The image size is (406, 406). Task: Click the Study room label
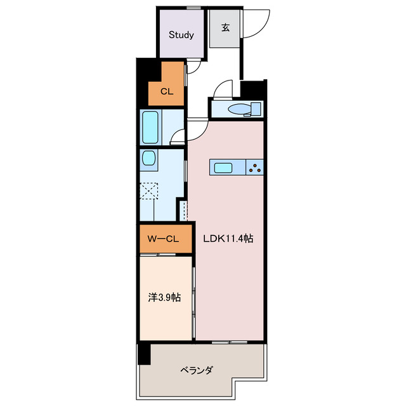coord(181,35)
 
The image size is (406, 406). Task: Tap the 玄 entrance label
coord(225,27)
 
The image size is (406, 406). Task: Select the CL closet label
coord(166,91)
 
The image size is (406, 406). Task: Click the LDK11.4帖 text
coord(228,239)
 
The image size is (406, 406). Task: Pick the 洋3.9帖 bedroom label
coord(163,297)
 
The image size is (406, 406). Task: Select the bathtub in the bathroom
coord(150,128)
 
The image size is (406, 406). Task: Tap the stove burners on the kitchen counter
coord(256,167)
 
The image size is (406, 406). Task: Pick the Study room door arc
coord(195,67)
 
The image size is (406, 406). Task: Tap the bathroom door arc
coord(179,136)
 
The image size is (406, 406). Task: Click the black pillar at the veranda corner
coord(144,353)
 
